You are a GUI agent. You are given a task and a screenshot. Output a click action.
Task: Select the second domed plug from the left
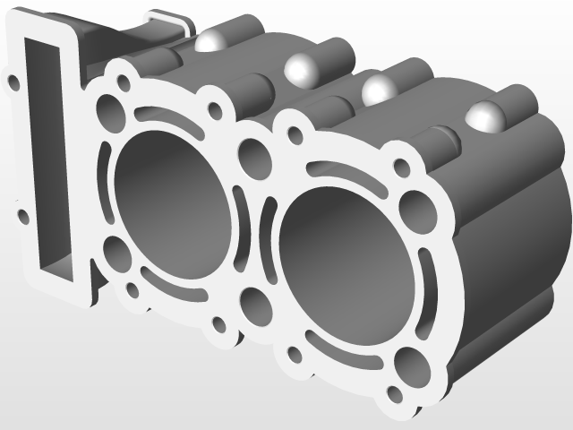(300, 68)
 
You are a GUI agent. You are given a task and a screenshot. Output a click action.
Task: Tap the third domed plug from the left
(379, 88)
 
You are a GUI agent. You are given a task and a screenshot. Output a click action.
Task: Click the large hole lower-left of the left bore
(113, 252)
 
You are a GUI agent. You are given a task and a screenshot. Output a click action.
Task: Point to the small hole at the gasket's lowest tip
(394, 394)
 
